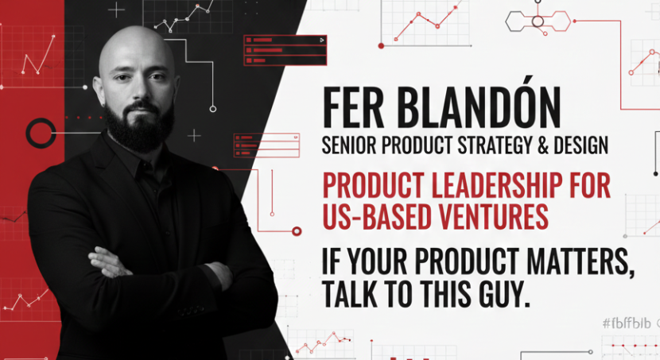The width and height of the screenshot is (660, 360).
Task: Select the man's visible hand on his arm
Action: click(x=111, y=262)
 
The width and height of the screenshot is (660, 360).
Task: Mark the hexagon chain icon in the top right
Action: click(x=538, y=21)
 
